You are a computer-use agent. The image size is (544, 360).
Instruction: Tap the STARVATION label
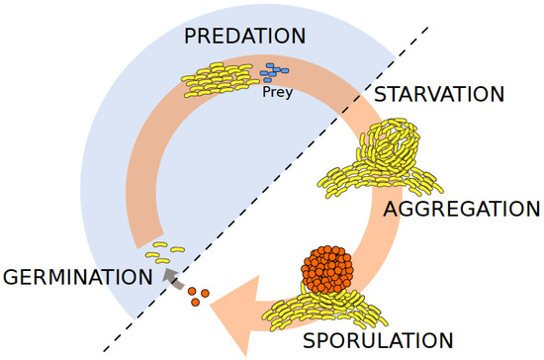coord(439,95)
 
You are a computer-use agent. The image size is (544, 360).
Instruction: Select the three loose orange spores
coord(199,295)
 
